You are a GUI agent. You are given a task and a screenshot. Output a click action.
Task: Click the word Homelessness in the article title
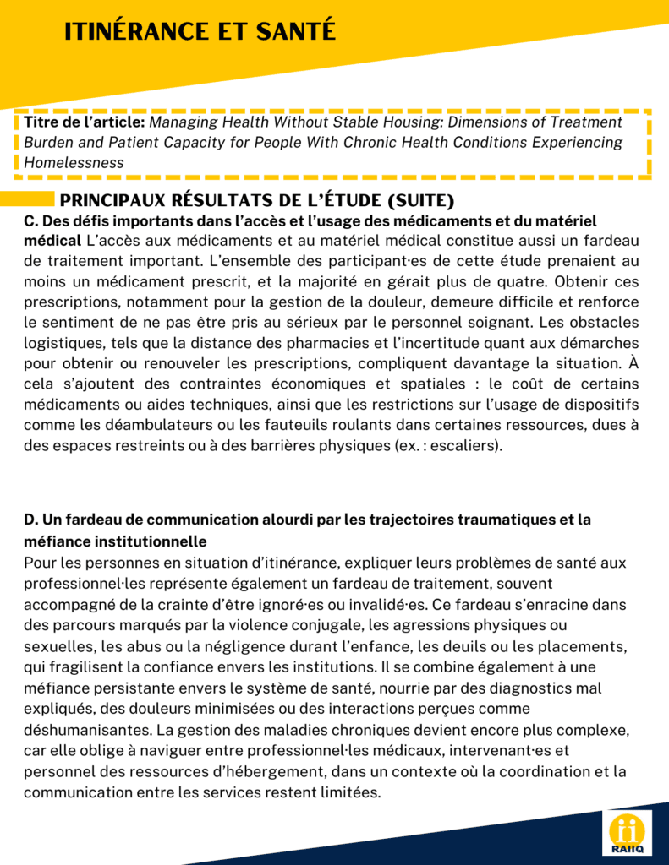tap(74, 162)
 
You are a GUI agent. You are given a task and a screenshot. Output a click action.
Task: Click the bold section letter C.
tap(30, 221)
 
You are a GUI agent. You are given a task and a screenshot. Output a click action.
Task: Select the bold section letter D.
tap(30, 520)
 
